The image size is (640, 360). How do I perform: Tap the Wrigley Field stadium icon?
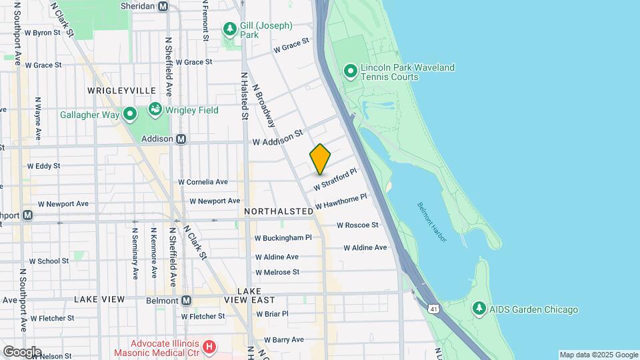pos(155,109)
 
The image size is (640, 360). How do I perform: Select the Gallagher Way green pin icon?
pos(129,115)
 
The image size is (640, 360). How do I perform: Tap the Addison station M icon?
pos(181,139)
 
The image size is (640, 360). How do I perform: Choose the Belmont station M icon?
pos(186,301)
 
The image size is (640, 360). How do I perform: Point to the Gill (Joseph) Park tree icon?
pos(230,29)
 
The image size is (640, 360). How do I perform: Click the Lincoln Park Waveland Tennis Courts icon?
pos(350,71)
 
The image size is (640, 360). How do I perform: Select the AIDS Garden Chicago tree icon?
pos(479,309)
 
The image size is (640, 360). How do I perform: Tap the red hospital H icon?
pos(209,347)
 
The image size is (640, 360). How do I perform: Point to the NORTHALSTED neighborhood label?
pos(279,211)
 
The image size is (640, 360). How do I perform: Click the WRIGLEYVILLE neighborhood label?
pos(121,90)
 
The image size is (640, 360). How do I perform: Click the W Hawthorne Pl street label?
pos(341,201)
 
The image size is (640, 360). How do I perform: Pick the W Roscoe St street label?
pos(357,225)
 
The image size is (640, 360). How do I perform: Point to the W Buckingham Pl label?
pos(283,237)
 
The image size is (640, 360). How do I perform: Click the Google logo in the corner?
pos(22,351)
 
